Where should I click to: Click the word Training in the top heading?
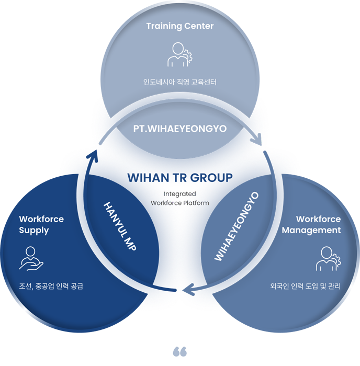click(163, 26)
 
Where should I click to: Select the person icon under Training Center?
click(179, 54)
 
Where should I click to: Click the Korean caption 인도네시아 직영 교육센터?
click(179, 82)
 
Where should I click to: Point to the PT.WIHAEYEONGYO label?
click(180, 128)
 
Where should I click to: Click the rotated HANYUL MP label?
click(120, 225)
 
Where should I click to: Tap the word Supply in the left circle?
click(34, 230)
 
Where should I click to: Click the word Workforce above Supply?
click(41, 219)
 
